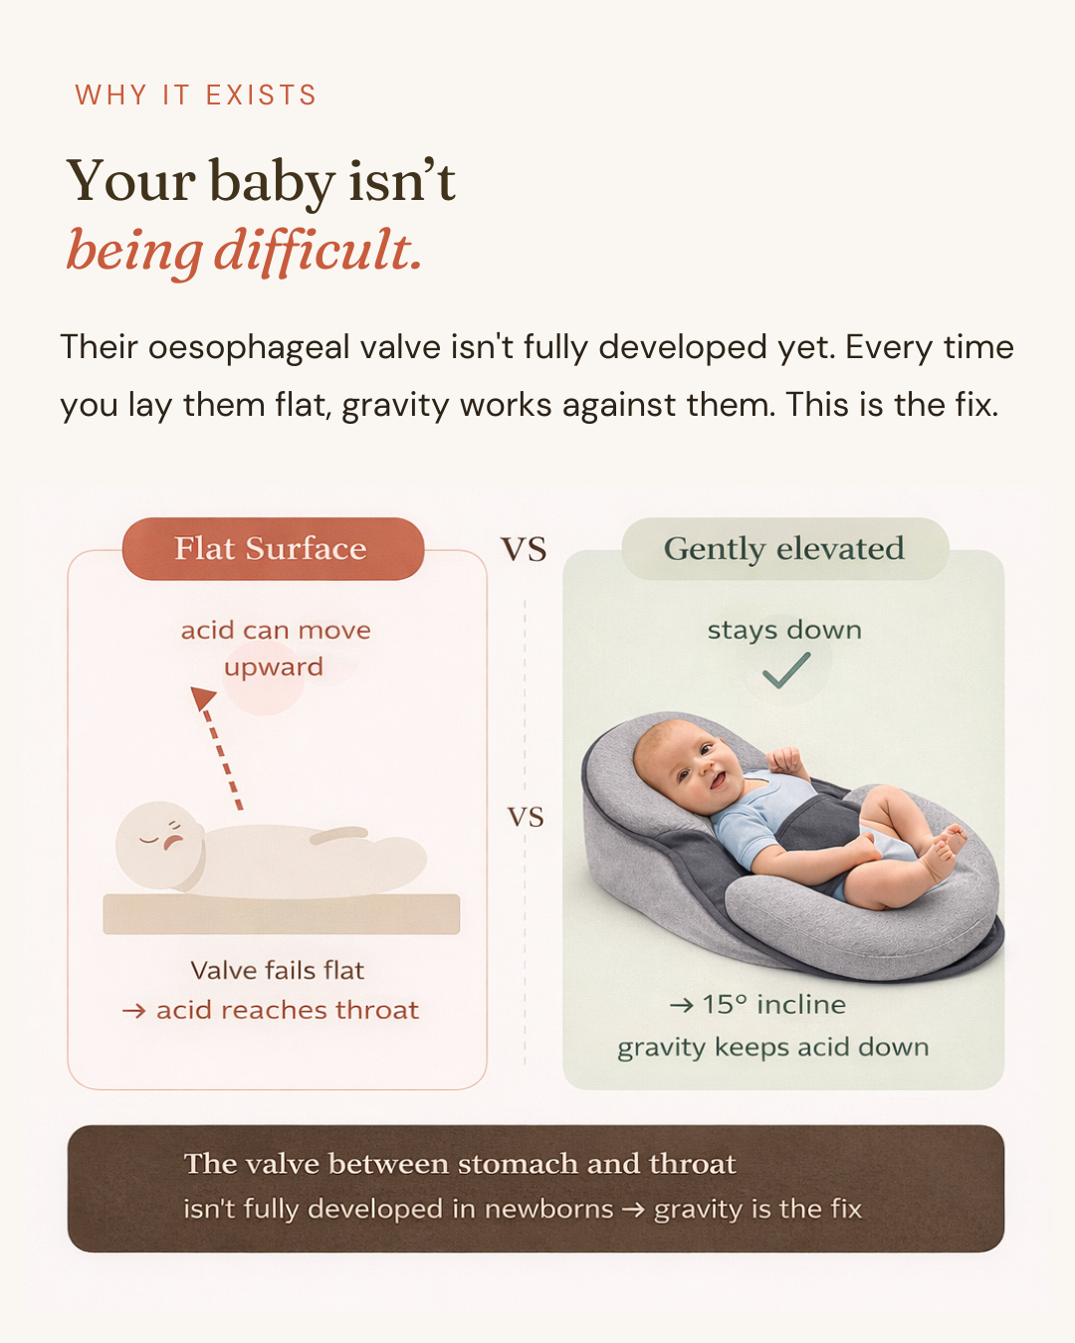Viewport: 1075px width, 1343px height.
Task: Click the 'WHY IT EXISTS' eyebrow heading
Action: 195,96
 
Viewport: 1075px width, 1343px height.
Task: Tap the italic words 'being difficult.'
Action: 245,251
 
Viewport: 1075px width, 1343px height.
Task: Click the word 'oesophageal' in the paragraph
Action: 249,348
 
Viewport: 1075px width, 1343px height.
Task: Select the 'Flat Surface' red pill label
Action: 273,548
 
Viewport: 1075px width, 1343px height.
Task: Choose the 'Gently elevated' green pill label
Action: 785,548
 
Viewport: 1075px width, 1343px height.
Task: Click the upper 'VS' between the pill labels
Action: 524,550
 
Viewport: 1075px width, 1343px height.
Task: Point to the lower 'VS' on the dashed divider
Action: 526,817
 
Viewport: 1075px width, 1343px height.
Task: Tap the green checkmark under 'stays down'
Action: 786,671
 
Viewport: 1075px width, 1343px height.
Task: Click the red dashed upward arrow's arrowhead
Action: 202,697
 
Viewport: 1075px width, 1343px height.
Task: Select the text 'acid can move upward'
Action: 276,649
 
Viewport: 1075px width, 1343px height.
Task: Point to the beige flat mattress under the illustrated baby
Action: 281,913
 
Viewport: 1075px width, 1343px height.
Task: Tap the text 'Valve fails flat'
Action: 278,970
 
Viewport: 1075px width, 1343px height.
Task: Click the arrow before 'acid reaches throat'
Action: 133,1011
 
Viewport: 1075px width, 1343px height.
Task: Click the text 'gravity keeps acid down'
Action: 773,1048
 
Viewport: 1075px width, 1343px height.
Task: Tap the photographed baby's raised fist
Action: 784,760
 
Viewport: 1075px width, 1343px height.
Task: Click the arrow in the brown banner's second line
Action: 633,1210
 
